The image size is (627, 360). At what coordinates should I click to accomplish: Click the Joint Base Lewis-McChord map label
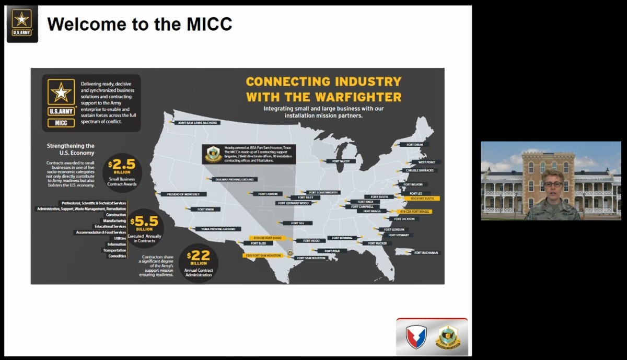(197, 123)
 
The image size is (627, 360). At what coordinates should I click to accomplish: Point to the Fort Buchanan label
(426, 252)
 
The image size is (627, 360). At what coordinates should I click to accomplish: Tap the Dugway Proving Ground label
(240, 179)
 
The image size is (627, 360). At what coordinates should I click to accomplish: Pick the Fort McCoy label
(341, 161)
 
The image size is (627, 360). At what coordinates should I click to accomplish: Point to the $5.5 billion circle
(145, 227)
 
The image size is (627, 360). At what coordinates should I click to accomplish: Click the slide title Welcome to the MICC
(140, 24)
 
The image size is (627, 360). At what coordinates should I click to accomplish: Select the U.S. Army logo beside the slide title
(22, 24)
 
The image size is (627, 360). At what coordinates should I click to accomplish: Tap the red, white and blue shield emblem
(416, 337)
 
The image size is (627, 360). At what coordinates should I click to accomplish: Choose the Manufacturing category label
(115, 220)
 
